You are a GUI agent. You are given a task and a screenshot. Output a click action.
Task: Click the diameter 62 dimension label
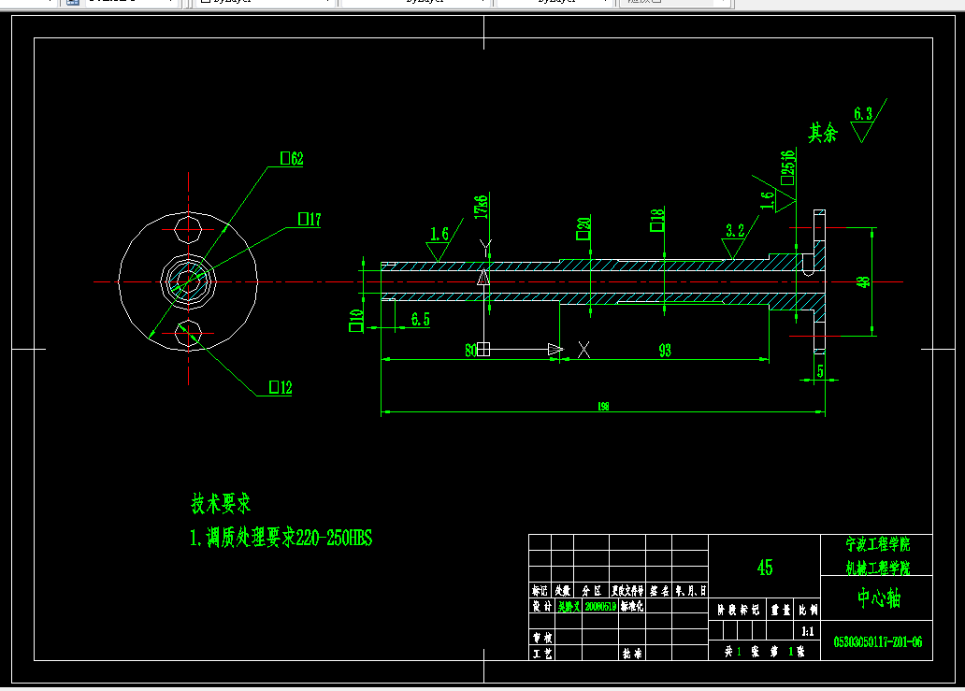[293, 159]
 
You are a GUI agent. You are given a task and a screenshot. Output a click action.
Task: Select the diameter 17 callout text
[310, 220]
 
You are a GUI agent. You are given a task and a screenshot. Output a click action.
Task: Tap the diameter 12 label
[281, 387]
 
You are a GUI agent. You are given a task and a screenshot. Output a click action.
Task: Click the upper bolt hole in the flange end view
[189, 230]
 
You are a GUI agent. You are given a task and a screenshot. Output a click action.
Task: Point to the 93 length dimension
[665, 351]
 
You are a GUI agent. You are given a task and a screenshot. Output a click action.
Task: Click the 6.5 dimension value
[421, 320]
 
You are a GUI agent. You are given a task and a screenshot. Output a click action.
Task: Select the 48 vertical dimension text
[863, 281]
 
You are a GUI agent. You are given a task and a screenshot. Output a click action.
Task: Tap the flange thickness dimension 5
[820, 371]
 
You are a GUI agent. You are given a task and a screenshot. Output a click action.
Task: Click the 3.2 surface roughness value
[735, 230]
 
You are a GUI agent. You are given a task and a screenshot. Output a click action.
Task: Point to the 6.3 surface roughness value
[862, 114]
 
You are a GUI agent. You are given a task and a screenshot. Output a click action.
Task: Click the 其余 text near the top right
[823, 133]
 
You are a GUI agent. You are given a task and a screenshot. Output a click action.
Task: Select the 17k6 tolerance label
[482, 207]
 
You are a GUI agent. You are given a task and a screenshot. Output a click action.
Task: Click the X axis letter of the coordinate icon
[584, 350]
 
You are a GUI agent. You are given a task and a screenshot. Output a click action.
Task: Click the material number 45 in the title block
[764, 568]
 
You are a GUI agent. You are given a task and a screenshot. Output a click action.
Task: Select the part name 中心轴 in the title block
[878, 597]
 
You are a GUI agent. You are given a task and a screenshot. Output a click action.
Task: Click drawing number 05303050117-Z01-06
[878, 641]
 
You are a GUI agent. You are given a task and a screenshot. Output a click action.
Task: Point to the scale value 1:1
[807, 631]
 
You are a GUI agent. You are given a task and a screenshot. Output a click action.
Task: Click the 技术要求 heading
[222, 504]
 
